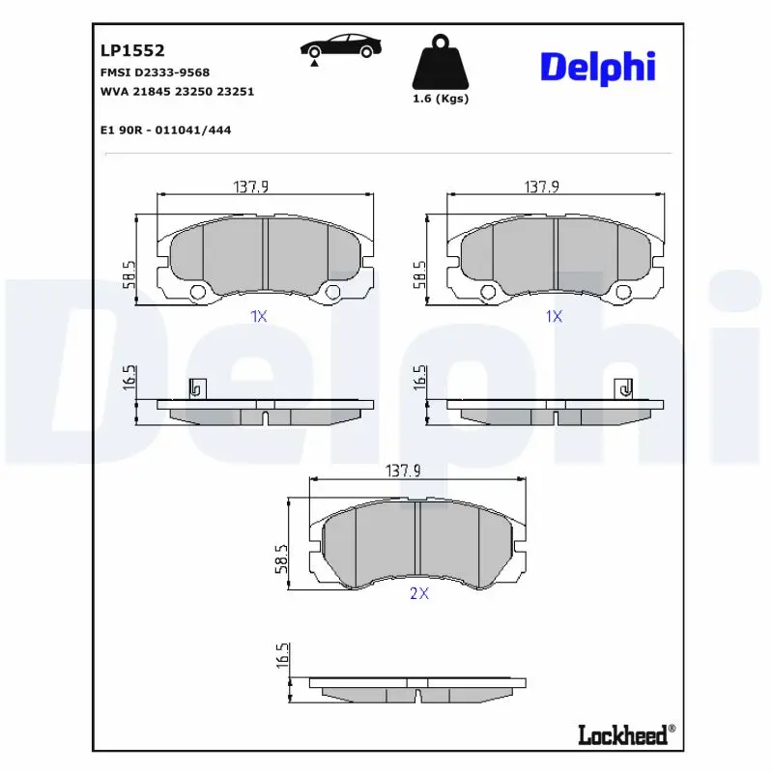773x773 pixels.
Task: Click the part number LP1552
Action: tap(132, 50)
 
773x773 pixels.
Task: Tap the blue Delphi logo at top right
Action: tap(598, 68)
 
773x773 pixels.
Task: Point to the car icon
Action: tap(341, 47)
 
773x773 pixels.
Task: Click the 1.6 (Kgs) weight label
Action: tap(441, 99)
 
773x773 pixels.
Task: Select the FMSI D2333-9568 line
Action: tap(155, 72)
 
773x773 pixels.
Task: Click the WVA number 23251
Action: tap(236, 92)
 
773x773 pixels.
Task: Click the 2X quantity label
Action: tap(419, 593)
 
